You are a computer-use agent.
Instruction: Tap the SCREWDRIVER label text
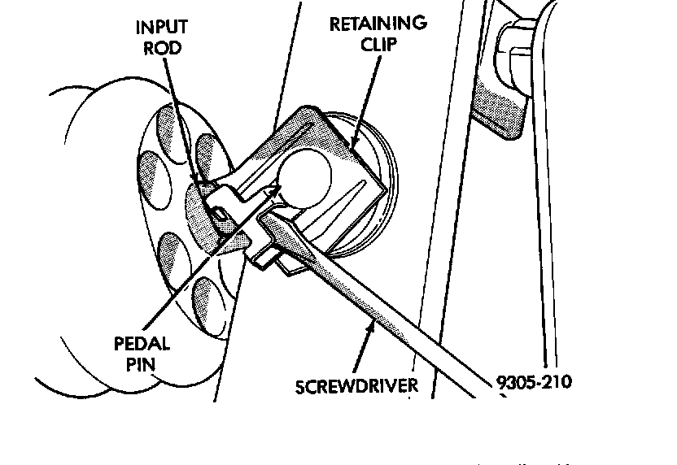coord(356,385)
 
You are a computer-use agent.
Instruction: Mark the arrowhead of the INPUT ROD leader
coord(195,180)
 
